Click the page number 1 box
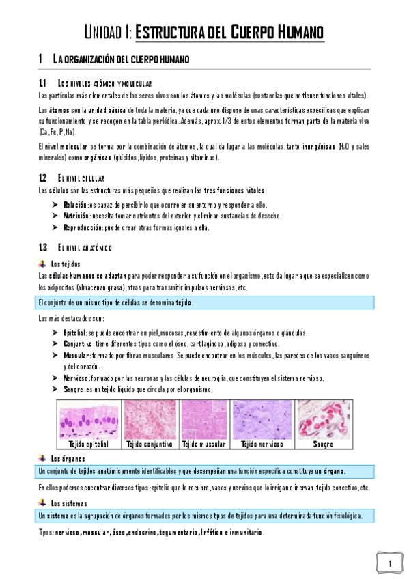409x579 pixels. (x=389, y=563)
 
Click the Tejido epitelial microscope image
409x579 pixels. (x=89, y=419)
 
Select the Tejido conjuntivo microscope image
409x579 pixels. (x=149, y=419)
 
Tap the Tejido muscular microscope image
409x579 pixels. (x=204, y=419)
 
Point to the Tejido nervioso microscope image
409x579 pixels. (x=262, y=419)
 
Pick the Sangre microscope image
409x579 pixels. (x=323, y=419)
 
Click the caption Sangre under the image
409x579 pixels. (x=323, y=444)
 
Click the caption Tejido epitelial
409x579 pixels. (x=89, y=444)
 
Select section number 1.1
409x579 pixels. (x=44, y=83)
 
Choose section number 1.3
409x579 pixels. (x=44, y=247)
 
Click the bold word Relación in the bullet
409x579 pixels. (x=74, y=205)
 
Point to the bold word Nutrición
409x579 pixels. (x=76, y=216)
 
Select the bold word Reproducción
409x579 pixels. (x=82, y=227)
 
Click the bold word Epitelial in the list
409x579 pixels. (x=74, y=333)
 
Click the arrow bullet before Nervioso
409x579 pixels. (x=55, y=378)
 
